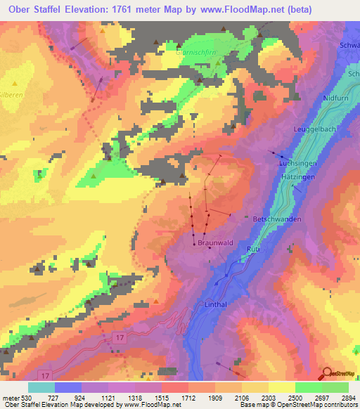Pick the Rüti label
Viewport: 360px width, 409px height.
[x=253, y=249]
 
